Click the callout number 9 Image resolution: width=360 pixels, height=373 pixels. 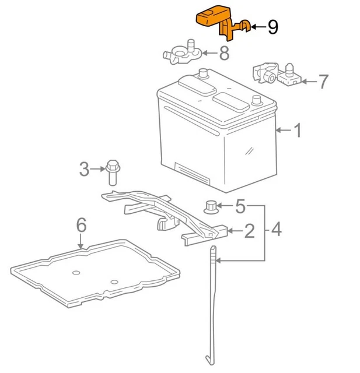(x=273, y=27)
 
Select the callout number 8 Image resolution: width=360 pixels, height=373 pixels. (x=225, y=54)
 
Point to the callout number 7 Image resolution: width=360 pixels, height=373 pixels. (x=324, y=81)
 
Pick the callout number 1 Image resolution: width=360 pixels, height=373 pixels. (x=298, y=131)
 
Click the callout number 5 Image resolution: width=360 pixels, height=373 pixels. (x=241, y=206)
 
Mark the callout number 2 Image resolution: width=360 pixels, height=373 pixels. (x=249, y=232)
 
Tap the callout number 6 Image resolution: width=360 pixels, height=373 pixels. (x=81, y=224)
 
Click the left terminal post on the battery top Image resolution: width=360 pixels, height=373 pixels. (x=204, y=75)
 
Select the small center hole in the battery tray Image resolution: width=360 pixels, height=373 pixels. (x=75, y=273)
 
